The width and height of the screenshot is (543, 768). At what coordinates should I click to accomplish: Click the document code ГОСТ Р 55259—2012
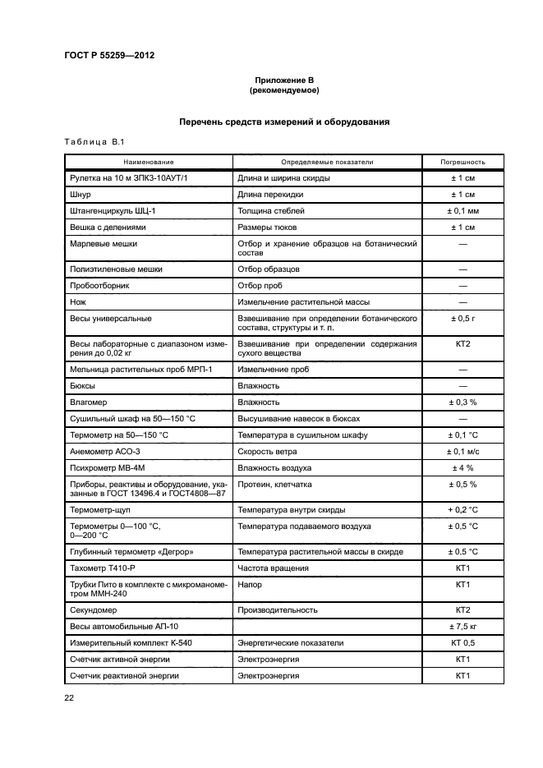pyautogui.click(x=109, y=55)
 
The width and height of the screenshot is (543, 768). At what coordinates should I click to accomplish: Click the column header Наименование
pyautogui.click(x=149, y=163)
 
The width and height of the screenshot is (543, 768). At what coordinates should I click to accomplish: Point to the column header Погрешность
pyautogui.click(x=462, y=163)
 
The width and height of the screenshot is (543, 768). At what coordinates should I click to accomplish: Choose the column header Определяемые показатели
pyautogui.click(x=327, y=163)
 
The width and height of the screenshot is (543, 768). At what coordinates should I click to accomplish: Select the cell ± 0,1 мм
pyautogui.click(x=462, y=211)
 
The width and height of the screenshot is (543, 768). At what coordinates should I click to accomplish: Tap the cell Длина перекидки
pyautogui.click(x=270, y=195)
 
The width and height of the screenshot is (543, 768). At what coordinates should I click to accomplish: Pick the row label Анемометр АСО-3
pyautogui.click(x=105, y=452)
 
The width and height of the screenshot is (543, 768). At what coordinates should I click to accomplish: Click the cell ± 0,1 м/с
pyautogui.click(x=462, y=452)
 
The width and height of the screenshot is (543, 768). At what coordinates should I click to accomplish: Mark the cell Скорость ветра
pyautogui.click(x=267, y=452)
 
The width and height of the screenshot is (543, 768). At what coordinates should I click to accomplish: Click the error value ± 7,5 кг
pyautogui.click(x=462, y=627)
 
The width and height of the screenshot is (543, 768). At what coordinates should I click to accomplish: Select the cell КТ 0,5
pyautogui.click(x=462, y=643)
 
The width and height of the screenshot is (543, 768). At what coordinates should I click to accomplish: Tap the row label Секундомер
pyautogui.click(x=97, y=610)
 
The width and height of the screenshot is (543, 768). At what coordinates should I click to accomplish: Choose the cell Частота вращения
pyautogui.click(x=273, y=568)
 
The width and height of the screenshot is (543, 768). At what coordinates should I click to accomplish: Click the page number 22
pyautogui.click(x=69, y=697)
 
